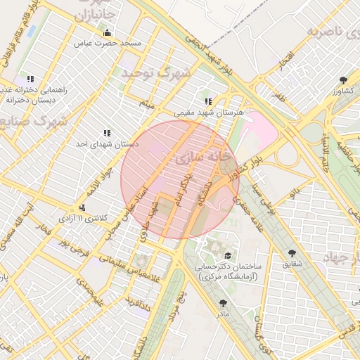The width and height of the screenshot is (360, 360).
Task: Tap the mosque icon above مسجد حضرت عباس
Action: (107, 32)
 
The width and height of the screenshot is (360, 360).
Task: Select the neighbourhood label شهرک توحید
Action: (155, 72)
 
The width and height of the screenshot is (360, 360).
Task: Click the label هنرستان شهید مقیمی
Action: (208, 112)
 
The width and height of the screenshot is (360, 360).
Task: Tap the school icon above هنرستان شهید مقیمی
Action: (207, 101)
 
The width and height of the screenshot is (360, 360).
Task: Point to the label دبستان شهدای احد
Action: (107, 143)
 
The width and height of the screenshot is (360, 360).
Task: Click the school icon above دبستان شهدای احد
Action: (107, 132)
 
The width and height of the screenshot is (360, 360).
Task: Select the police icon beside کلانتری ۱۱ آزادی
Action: (84, 207)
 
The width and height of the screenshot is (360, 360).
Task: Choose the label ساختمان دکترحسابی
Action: (227, 272)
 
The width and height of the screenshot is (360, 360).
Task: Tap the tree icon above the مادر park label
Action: (224, 303)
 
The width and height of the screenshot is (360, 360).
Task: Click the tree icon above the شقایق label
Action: (291, 252)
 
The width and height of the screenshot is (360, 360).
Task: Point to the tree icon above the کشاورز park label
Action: (343, 79)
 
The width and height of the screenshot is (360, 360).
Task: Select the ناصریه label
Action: (334, 32)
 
